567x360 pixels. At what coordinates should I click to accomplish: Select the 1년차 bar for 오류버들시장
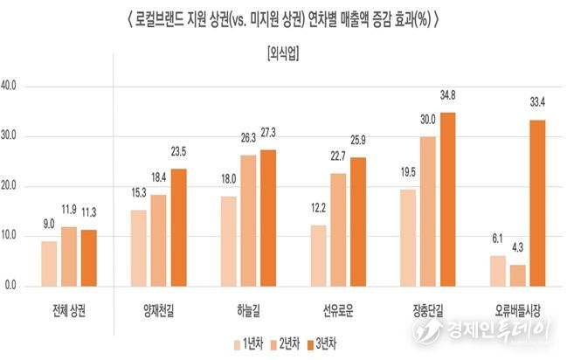pos(496,271)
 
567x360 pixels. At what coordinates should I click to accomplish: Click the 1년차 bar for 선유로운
pos(317,255)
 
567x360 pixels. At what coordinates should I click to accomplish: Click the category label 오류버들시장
pos(517,310)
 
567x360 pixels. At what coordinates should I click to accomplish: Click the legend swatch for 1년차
pos(239,343)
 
